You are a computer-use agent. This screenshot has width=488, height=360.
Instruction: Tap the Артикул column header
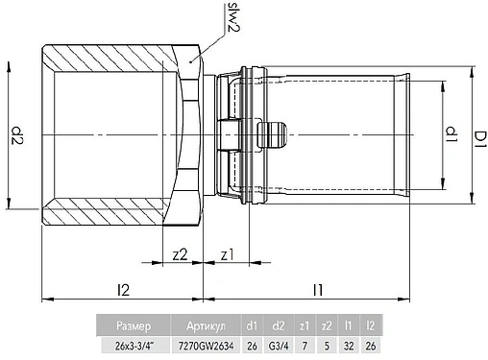[205, 326]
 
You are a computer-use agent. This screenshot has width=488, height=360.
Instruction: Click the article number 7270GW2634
[205, 345]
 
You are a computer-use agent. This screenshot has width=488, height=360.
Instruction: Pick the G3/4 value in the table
[279, 345]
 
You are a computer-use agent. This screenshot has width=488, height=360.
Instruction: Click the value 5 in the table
[328, 345]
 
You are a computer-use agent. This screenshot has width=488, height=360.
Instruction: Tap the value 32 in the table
[349, 345]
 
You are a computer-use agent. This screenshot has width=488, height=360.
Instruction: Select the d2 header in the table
[279, 326]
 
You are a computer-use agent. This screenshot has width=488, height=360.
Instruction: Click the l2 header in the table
[370, 326]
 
